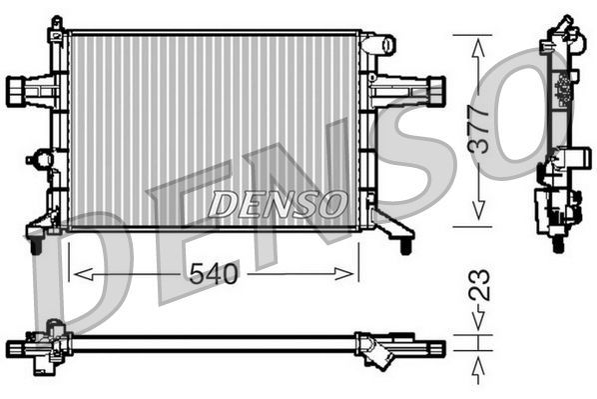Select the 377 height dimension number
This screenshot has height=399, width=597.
(x=479, y=129)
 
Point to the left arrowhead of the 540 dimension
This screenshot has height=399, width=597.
(x=77, y=273)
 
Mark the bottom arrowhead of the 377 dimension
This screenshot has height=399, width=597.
(x=479, y=213)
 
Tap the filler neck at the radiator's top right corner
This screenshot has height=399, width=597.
(x=379, y=45)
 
